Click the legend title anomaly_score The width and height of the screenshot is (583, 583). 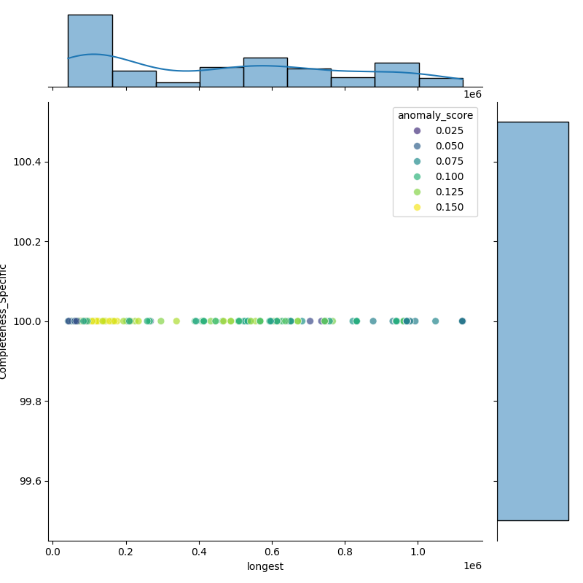click(x=435, y=115)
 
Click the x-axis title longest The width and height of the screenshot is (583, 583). click(x=265, y=566)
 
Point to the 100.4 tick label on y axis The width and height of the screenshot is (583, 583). click(x=28, y=161)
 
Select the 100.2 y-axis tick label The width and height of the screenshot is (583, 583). click(x=28, y=241)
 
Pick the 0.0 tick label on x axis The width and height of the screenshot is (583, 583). click(x=53, y=552)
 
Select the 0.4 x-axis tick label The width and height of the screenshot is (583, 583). click(x=199, y=552)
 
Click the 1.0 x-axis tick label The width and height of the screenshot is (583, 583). click(x=418, y=552)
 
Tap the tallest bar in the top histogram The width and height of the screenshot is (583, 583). click(x=90, y=51)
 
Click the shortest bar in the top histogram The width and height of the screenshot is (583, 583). click(x=178, y=85)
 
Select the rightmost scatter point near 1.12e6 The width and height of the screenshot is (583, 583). click(x=462, y=321)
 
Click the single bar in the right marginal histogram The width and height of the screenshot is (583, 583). click(x=533, y=321)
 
